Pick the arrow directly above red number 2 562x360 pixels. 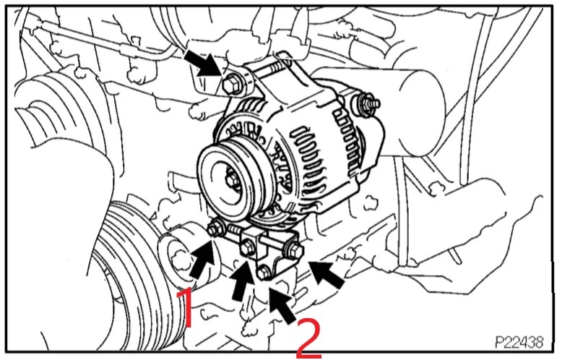click(x=283, y=304)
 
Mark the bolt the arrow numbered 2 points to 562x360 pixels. click(x=264, y=273)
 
